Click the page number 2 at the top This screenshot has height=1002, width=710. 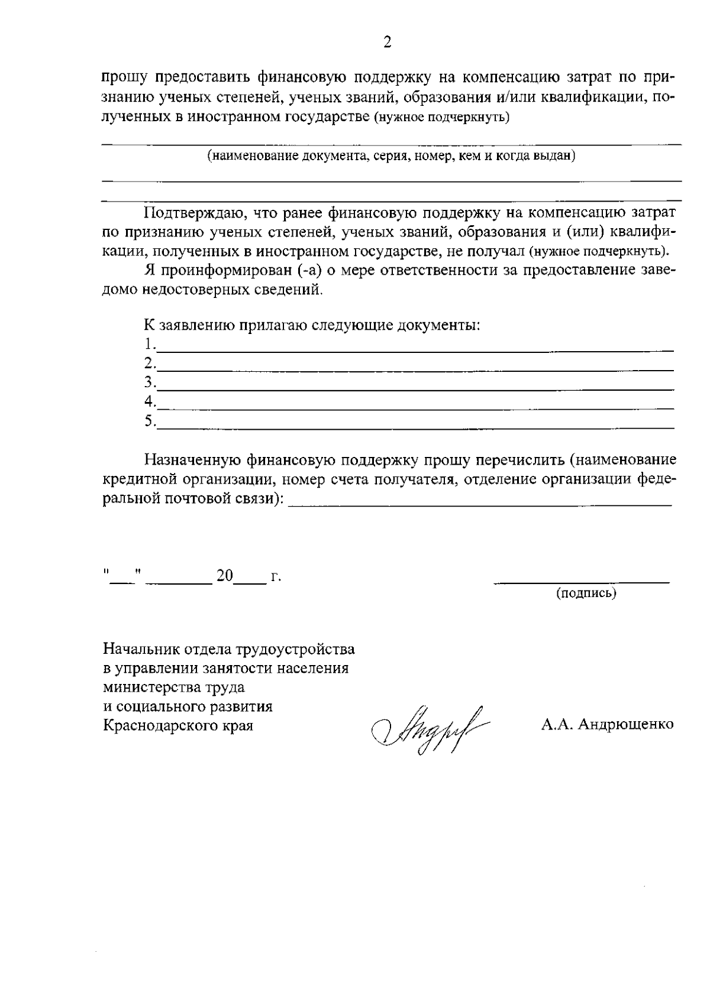click(388, 42)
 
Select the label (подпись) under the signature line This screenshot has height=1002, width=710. click(586, 593)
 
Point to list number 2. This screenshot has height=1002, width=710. click(150, 362)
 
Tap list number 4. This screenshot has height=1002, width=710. click(150, 401)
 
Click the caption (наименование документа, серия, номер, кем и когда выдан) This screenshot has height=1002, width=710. click(391, 156)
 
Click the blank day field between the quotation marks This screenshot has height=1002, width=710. click(122, 581)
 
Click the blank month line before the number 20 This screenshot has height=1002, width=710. click(179, 581)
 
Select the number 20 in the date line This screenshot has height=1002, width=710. click(225, 576)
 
